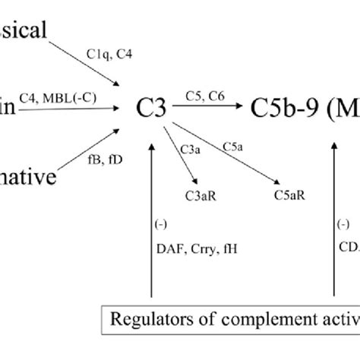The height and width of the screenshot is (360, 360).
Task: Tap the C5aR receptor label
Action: pos(289,194)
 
